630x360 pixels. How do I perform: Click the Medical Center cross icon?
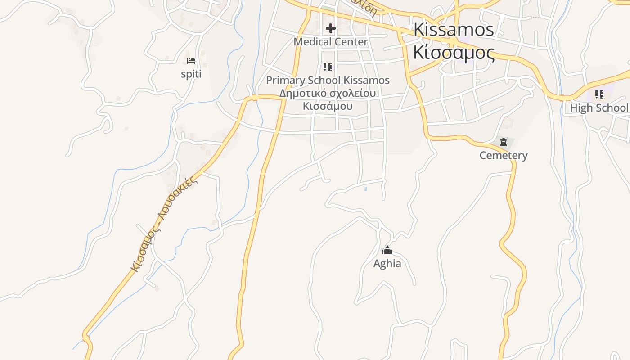pos(331,29)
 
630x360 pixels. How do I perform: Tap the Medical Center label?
pos(331,42)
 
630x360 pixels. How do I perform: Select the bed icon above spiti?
pos(191,61)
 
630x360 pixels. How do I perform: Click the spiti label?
pos(191,74)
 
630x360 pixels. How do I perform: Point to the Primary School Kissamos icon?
pos(328,67)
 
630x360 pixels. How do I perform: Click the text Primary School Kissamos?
pos(328,81)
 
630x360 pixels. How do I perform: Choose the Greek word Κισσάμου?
pos(328,107)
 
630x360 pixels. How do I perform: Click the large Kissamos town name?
pos(454,30)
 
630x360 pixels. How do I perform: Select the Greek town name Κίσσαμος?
pos(454,53)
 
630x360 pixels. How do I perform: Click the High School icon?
pos(599,94)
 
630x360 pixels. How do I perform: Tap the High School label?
pos(598,108)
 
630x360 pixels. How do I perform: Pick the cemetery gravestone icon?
pos(503,143)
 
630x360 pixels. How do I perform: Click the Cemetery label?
pos(503,156)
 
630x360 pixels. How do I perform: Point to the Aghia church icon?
pos(387,251)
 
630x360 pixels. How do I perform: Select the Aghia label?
pos(387,264)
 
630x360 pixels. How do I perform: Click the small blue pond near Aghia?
pos(365,189)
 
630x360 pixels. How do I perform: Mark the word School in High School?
pos(612,108)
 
